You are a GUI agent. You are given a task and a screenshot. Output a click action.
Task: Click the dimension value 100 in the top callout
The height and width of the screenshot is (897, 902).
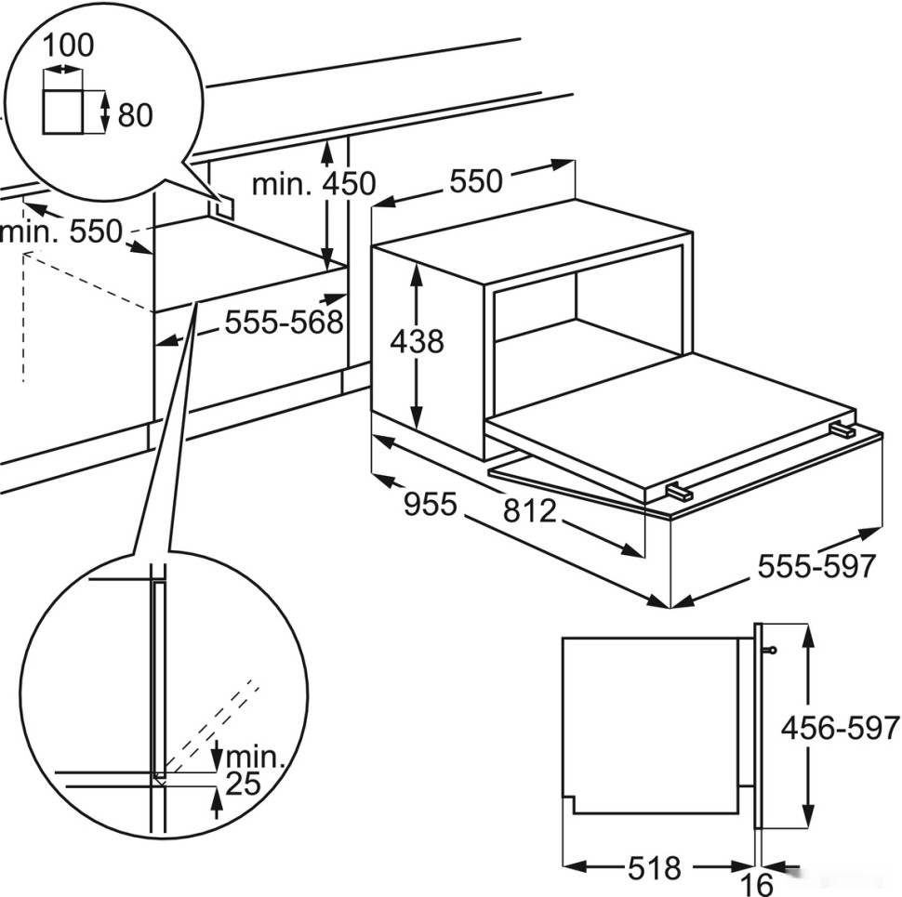[69, 45]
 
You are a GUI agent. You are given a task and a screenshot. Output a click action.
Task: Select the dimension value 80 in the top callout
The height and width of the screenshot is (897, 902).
[135, 114]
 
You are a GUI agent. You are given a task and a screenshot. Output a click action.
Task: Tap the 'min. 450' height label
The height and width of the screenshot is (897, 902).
[313, 184]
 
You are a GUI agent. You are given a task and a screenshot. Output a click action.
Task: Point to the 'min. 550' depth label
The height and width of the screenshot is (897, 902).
[61, 231]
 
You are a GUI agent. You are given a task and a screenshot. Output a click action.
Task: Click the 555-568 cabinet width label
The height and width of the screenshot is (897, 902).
[284, 323]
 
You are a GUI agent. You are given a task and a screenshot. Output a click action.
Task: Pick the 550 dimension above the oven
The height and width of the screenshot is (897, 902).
[475, 180]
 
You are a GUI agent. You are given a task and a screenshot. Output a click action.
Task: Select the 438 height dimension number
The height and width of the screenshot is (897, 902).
[417, 342]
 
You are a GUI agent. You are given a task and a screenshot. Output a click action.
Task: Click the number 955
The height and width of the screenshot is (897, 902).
[431, 505]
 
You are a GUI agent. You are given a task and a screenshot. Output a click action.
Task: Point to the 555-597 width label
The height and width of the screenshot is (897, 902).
[817, 565]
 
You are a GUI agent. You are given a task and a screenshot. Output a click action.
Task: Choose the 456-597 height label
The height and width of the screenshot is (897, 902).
[841, 727]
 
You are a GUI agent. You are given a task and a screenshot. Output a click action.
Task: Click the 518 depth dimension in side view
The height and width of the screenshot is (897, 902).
[653, 868]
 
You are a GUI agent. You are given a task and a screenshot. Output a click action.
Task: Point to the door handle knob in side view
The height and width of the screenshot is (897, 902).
[770, 651]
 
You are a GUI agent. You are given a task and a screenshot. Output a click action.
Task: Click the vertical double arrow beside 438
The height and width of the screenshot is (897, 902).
[418, 342]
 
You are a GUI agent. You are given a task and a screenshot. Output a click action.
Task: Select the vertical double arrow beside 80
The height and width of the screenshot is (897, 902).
[105, 112]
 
